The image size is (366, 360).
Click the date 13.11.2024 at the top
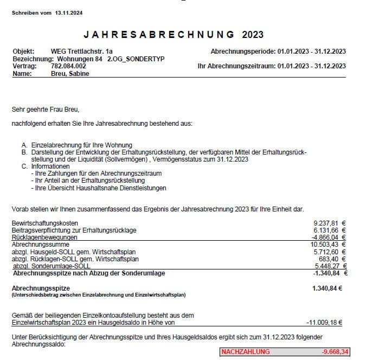pyautogui.click(x=68, y=12)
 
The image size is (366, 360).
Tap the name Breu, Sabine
pyautogui.click(x=69, y=73)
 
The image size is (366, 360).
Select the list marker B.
pyautogui.click(x=25, y=152)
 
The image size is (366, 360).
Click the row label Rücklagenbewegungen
pyautogui.click(x=44, y=237)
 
